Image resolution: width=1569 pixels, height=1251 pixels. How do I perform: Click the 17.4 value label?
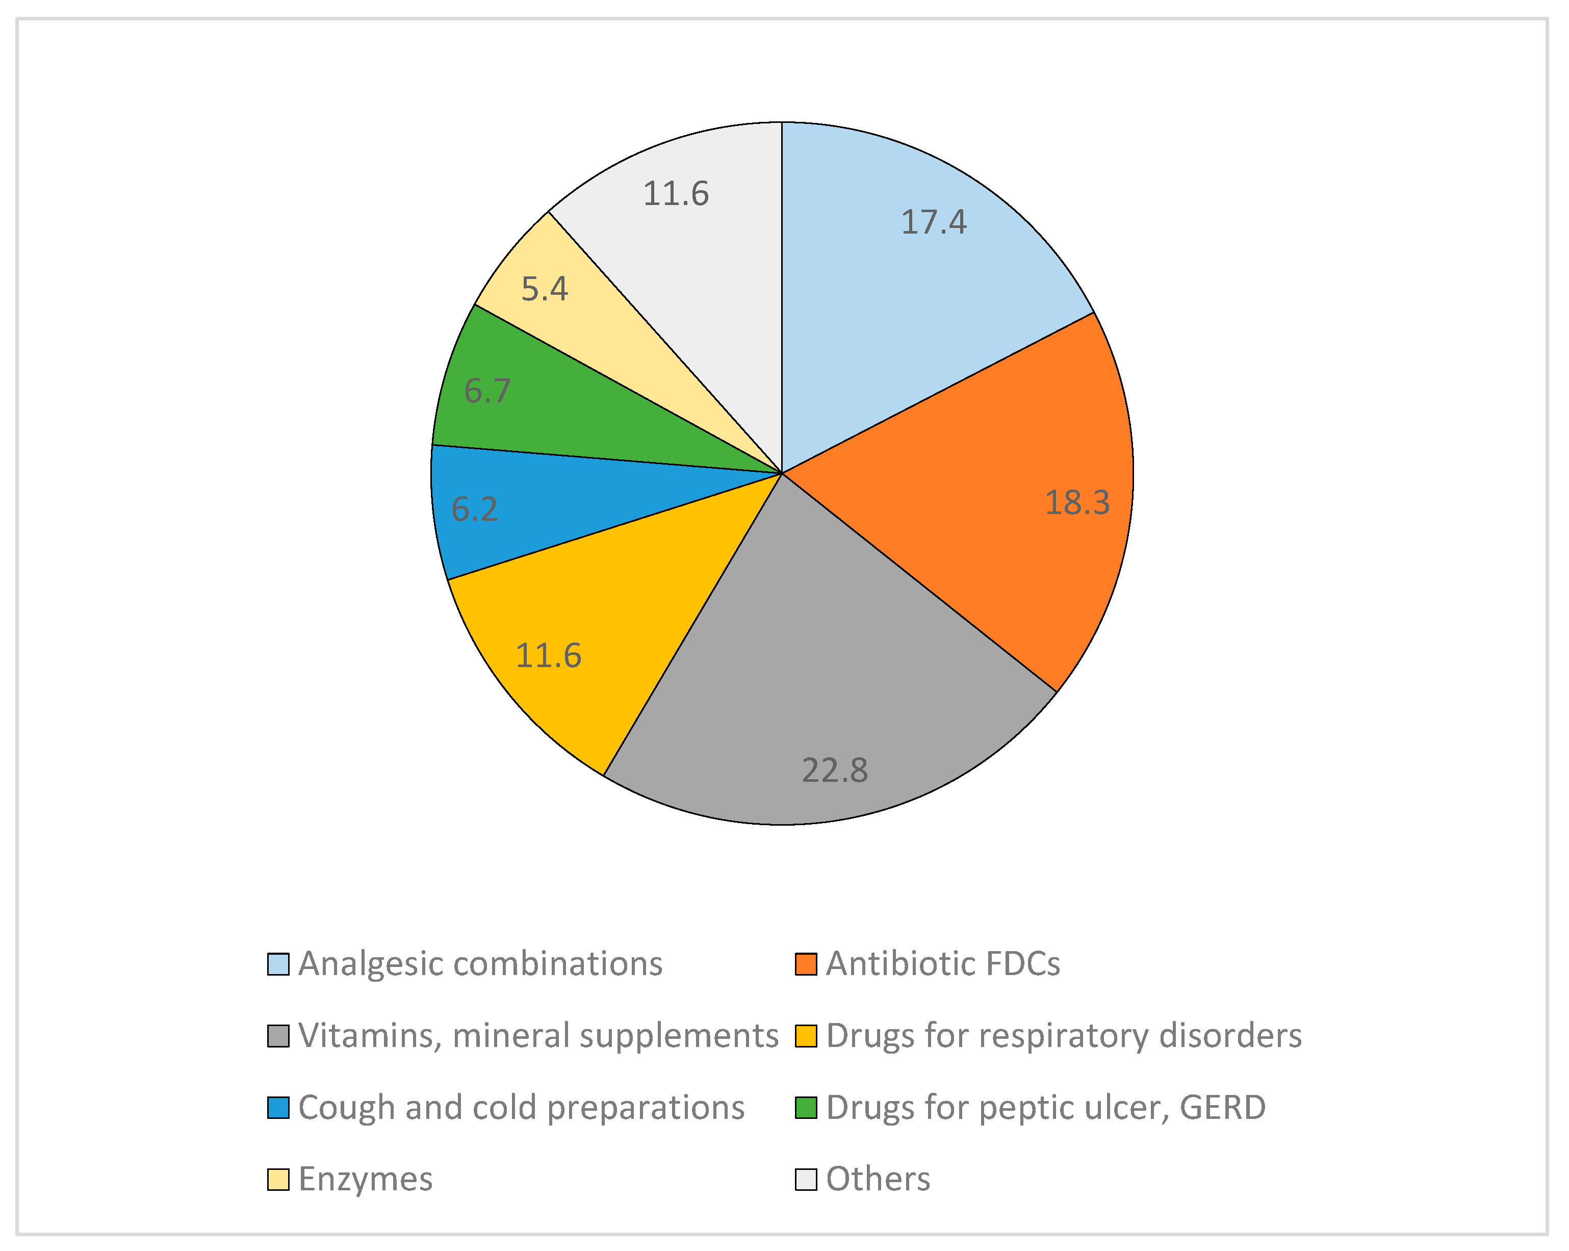click(933, 222)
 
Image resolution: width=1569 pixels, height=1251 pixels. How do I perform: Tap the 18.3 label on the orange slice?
click(1077, 503)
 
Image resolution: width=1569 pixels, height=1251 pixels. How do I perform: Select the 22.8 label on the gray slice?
click(835, 770)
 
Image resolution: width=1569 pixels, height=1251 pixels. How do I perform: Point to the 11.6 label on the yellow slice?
click(548, 656)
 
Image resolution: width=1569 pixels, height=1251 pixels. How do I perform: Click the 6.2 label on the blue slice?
click(475, 508)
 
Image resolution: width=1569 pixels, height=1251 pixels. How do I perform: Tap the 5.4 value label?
click(545, 289)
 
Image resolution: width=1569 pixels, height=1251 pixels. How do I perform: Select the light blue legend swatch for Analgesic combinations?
click(278, 964)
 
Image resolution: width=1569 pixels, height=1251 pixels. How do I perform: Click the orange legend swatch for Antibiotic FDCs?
click(806, 964)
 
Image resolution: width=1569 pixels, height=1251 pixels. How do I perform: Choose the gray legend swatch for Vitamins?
click(278, 1036)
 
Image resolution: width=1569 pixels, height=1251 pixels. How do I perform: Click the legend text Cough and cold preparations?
click(521, 1108)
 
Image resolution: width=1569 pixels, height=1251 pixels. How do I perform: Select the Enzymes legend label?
click(365, 1179)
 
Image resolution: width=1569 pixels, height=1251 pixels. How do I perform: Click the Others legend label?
click(878, 1179)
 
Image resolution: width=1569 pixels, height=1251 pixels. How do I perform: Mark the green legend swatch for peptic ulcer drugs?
click(806, 1108)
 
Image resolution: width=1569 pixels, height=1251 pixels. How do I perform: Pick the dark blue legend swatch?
click(278, 1108)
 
